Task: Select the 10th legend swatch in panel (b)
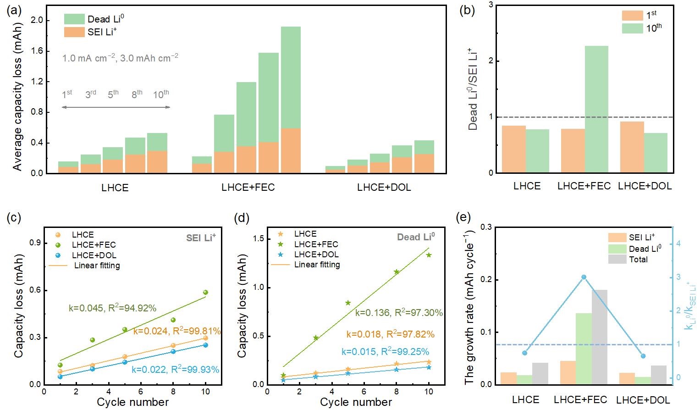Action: click(632, 28)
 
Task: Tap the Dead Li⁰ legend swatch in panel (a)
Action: click(74, 19)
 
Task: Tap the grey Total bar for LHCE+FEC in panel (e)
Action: click(599, 337)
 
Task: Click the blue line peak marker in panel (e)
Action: click(584, 277)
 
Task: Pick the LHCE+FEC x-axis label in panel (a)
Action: click(248, 187)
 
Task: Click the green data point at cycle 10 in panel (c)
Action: click(205, 292)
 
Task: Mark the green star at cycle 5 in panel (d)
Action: click(348, 303)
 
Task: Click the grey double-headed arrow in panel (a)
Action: click(116, 107)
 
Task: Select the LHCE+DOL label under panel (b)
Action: click(645, 186)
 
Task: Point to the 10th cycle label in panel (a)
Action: click(161, 94)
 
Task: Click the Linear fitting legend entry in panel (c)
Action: click(97, 266)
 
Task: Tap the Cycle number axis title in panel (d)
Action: click(356, 402)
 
